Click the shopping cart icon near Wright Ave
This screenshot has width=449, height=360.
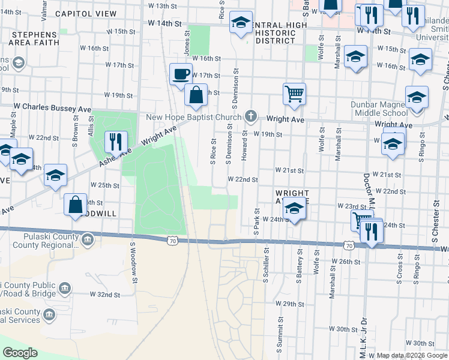294,94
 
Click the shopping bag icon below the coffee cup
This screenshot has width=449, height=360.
196,94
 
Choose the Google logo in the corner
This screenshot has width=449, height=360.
20,353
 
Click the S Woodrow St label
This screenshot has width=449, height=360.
133,262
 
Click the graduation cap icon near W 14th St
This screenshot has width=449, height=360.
241,23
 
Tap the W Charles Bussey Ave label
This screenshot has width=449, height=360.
54,109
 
